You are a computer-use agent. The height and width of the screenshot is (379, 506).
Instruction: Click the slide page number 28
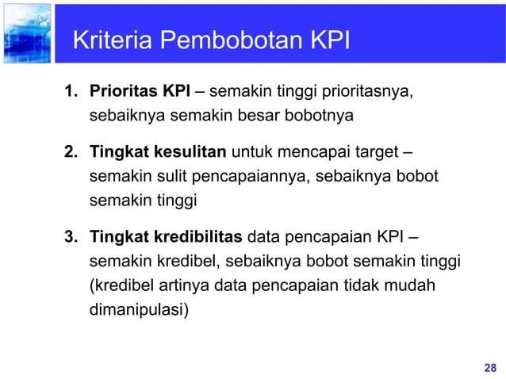(489, 367)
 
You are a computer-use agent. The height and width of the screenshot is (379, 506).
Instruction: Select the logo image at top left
(26, 33)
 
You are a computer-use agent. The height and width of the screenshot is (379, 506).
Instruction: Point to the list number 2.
(71, 151)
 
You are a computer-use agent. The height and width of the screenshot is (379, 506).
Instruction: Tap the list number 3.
(71, 235)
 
